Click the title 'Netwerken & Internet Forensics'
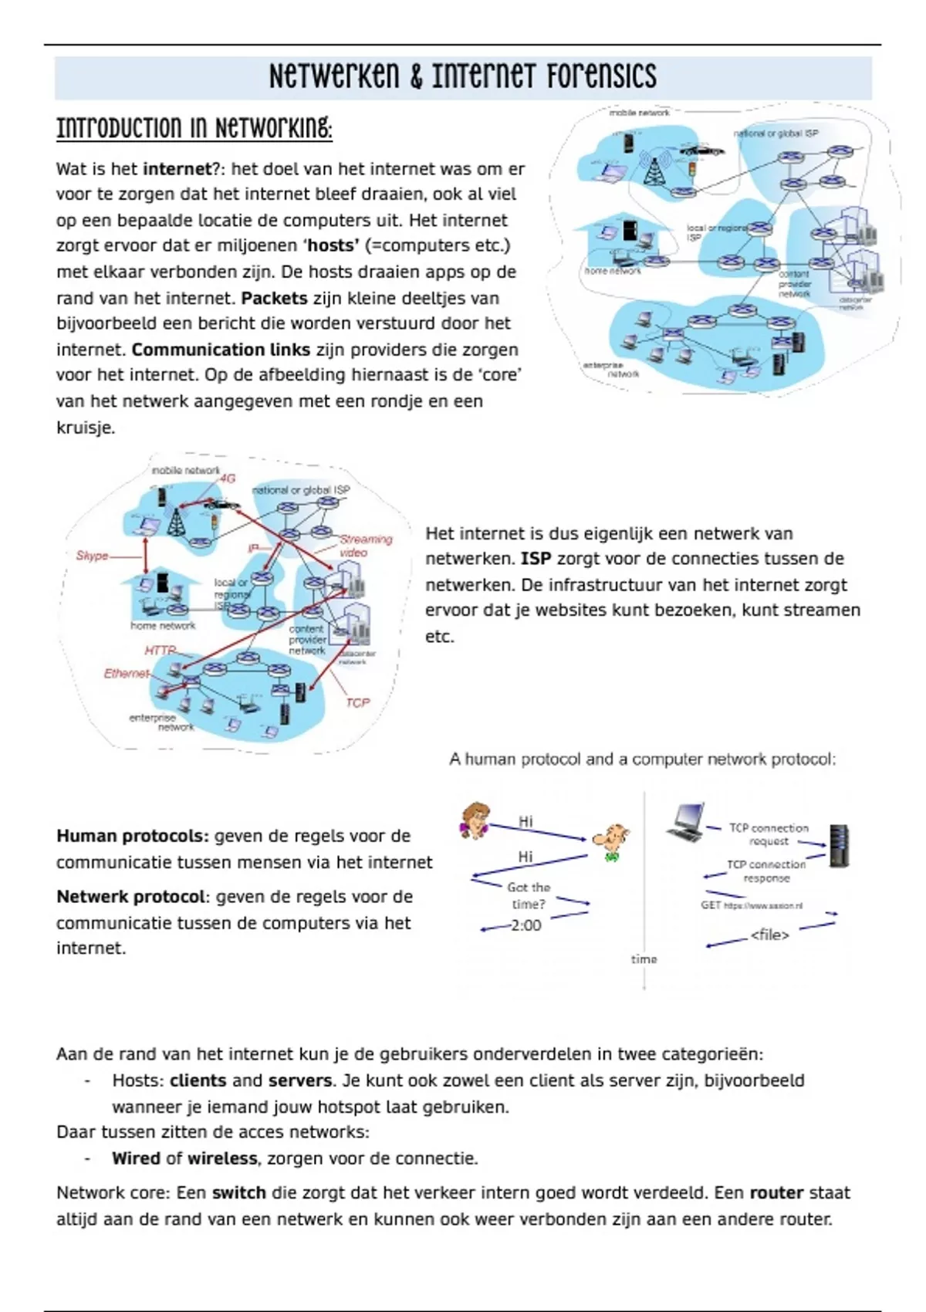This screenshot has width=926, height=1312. (462, 76)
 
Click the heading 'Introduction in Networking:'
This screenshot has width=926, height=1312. (194, 128)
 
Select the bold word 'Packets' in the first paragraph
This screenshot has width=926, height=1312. (274, 298)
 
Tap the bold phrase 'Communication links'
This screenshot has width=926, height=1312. (221, 350)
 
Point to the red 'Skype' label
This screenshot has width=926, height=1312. (92, 556)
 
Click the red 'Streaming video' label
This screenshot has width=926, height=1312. (364, 546)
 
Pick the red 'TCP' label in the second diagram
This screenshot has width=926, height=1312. (357, 702)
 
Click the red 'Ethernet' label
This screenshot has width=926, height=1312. (126, 673)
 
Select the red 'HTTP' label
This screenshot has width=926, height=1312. (161, 651)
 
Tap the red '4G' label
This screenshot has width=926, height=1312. (227, 478)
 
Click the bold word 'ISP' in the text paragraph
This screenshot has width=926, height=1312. (536, 559)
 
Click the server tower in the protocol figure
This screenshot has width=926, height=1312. (839, 846)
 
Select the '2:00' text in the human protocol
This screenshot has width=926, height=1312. (526, 925)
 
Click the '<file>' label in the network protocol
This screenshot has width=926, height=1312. (769, 935)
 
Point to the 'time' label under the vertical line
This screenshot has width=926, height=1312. (644, 959)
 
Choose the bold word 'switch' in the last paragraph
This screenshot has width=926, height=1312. (238, 1193)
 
